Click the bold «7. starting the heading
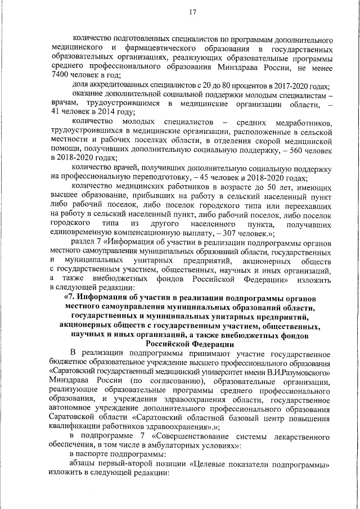point(71,296)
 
